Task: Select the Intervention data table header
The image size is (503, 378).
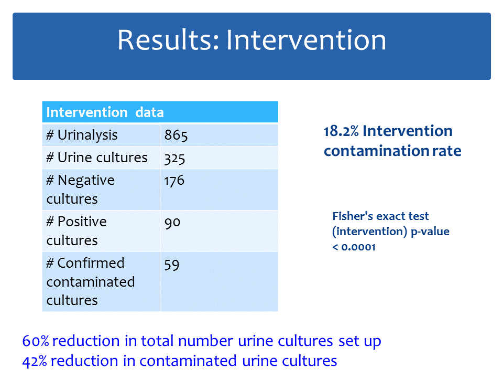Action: (105, 112)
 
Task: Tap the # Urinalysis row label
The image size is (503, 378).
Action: (82, 135)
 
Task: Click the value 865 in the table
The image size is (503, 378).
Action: (176, 135)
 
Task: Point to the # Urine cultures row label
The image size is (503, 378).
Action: (97, 158)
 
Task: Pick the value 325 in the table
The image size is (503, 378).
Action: (174, 159)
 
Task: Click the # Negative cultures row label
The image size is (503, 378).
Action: (80, 190)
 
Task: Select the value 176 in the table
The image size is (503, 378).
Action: (174, 181)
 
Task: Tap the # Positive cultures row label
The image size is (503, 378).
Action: (76, 231)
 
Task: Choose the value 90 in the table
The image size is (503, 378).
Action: (172, 223)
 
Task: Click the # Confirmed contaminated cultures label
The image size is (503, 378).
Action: (91, 281)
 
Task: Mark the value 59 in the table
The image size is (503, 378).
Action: (172, 265)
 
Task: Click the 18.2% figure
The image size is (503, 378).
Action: (341, 131)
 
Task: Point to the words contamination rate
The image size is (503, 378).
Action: (392, 151)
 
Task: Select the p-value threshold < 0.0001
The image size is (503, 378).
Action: (354, 247)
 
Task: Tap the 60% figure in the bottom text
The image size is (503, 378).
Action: (36, 341)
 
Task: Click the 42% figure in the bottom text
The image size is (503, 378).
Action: (35, 361)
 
